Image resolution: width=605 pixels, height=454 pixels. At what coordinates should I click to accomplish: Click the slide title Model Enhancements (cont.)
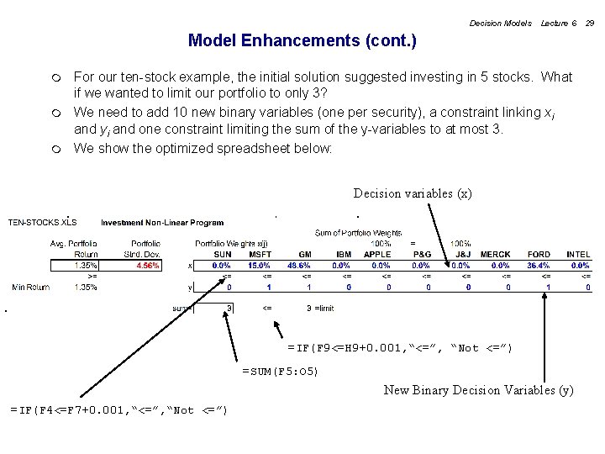point(302,40)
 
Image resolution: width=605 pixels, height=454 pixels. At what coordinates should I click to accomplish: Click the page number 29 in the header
point(590,24)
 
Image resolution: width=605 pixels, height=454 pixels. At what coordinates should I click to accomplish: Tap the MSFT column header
point(260,254)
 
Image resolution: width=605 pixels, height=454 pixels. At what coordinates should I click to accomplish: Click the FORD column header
point(539,254)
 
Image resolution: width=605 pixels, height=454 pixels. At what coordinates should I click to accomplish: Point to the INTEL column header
point(578,254)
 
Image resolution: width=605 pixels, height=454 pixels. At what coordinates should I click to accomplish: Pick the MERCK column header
point(495,254)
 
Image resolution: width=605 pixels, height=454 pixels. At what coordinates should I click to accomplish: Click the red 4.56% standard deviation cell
point(148,265)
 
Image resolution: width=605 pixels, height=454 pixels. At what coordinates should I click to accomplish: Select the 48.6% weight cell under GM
point(298,265)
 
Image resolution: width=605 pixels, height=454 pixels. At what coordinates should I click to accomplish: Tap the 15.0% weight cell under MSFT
point(259,265)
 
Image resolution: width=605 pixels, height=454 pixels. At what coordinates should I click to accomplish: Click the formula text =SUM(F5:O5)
point(280,370)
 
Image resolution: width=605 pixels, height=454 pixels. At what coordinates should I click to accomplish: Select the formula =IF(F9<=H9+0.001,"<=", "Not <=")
point(399,348)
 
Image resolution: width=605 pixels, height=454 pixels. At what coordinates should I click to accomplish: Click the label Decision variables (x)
point(413,193)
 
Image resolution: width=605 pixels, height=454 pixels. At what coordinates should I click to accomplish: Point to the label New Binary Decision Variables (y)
point(478,389)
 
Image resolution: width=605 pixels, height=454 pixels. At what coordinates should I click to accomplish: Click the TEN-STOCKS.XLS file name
point(42,223)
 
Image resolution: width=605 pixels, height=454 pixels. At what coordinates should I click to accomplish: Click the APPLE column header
point(377,254)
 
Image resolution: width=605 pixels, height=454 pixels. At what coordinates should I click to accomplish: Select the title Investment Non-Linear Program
point(162,223)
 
